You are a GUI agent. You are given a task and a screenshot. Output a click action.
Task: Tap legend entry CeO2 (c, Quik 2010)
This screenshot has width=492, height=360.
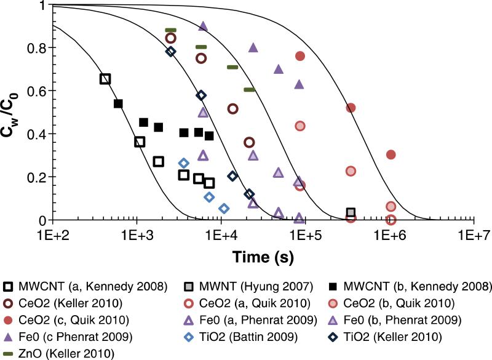pyautogui.click(x=68, y=319)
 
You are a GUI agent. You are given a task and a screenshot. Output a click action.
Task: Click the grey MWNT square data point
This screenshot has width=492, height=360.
pyautogui.click(x=351, y=212)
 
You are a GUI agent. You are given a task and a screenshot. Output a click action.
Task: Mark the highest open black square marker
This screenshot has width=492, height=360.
pyautogui.click(x=105, y=79)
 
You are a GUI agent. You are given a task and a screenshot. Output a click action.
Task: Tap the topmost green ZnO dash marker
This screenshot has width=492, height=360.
pyautogui.click(x=171, y=30)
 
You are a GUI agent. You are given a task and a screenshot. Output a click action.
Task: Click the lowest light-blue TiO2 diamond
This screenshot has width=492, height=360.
pyautogui.click(x=224, y=208)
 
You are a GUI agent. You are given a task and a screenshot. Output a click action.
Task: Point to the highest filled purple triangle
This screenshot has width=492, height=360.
pyautogui.click(x=203, y=26)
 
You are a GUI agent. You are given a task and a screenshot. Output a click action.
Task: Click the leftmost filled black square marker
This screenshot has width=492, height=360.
pyautogui.click(x=119, y=103)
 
